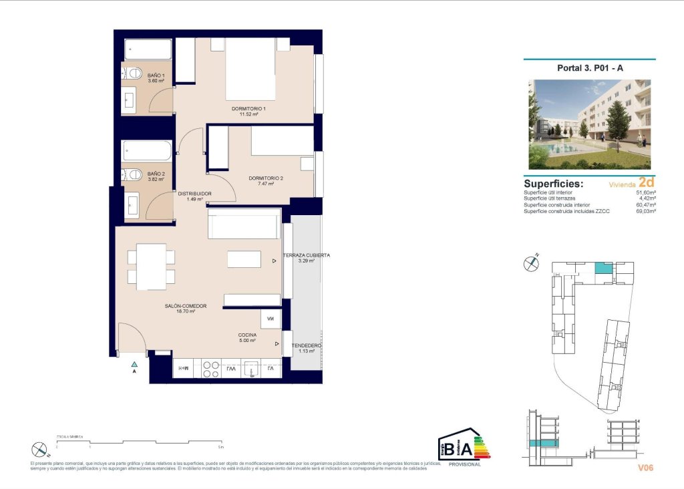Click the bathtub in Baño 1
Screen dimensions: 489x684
(148, 50)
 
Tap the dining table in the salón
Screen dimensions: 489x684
(151, 267)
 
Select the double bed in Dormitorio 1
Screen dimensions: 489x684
(250, 69)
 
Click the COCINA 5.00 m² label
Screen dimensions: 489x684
(247, 337)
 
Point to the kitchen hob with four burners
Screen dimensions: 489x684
(211, 369)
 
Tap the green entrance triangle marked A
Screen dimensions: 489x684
(134, 364)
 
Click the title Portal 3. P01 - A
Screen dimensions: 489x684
(589, 67)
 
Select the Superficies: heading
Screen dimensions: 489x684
(554, 184)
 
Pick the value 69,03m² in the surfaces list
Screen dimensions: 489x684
(644, 210)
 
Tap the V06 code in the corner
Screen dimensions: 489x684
(645, 468)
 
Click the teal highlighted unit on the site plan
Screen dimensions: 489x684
(603, 269)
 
